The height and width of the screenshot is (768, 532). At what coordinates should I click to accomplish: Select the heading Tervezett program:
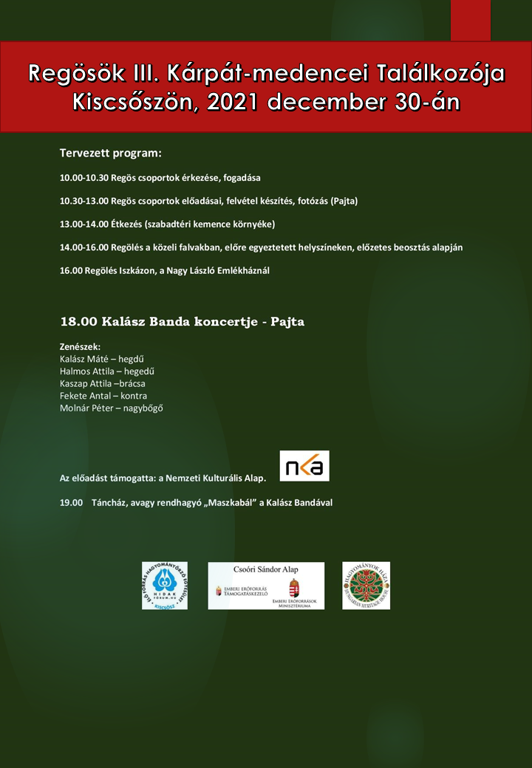[110, 154]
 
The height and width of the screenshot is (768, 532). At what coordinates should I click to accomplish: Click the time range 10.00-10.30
[84, 178]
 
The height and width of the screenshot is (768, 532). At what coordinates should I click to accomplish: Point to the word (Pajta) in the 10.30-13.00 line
[344, 201]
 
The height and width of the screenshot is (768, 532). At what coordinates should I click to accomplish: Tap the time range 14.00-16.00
[84, 247]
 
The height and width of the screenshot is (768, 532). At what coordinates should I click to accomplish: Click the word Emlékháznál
[242, 270]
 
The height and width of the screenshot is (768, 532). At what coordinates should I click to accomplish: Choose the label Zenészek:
[80, 346]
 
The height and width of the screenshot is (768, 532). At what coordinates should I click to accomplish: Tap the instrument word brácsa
[130, 383]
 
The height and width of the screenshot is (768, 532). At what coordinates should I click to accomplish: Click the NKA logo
[304, 466]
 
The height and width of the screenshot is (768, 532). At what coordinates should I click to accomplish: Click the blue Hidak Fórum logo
[165, 586]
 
